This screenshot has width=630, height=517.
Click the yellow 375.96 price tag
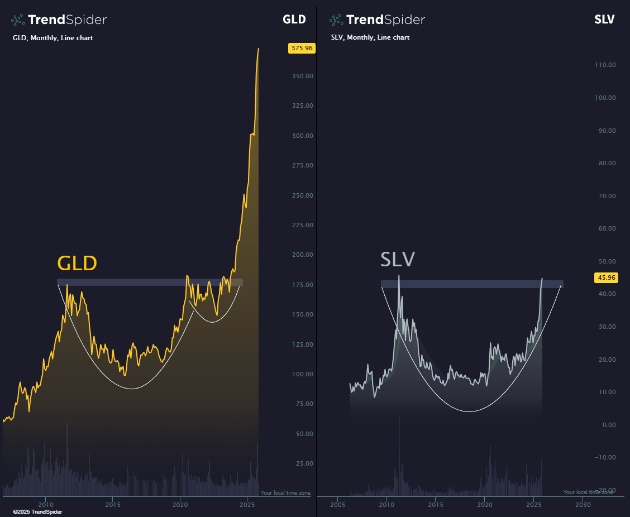302,48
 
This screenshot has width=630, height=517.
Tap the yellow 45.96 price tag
606,277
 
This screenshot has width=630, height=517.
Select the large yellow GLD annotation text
77,264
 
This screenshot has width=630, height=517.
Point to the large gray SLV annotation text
398,260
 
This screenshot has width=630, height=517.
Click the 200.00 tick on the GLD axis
302,255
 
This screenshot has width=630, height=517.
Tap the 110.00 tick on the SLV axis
605,65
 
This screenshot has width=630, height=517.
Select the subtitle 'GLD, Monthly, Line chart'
52,38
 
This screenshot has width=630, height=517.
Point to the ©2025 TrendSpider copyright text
37,511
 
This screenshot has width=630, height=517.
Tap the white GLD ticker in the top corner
294,20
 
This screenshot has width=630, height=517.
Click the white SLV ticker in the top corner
604,20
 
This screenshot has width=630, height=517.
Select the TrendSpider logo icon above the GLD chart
18,20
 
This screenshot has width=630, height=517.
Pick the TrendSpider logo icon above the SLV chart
336,20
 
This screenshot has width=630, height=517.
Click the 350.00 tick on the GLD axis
302,76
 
